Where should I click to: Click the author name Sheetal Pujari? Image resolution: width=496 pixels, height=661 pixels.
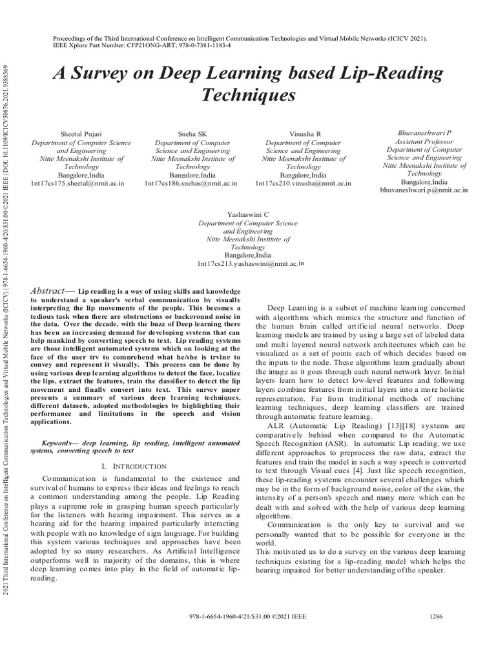81,134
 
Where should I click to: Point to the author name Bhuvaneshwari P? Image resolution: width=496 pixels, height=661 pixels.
424,132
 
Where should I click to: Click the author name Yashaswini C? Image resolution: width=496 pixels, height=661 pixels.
247,214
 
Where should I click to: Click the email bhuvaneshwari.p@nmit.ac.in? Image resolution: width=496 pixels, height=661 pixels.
424,190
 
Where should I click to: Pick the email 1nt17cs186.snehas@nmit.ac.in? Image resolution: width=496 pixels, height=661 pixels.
191,183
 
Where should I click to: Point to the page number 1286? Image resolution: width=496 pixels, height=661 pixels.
436,617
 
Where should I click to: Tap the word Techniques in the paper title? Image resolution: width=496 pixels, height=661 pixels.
249,96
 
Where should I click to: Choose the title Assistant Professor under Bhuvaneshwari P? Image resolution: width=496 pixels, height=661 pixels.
424,140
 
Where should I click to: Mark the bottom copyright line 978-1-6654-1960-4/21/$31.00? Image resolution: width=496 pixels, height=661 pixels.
227,617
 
